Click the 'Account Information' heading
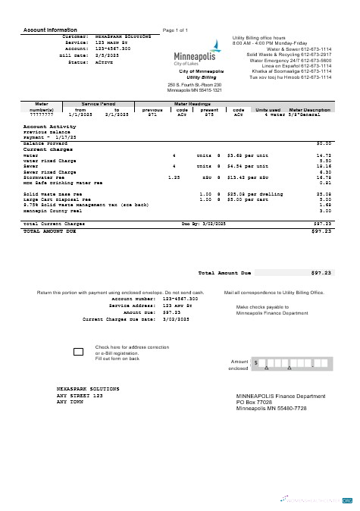(x=52, y=30)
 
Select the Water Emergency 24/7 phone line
(x=290, y=61)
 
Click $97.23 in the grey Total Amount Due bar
(x=321, y=272)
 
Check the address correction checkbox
(x=78, y=352)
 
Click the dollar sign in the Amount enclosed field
(x=256, y=363)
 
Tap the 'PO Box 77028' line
(x=258, y=403)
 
